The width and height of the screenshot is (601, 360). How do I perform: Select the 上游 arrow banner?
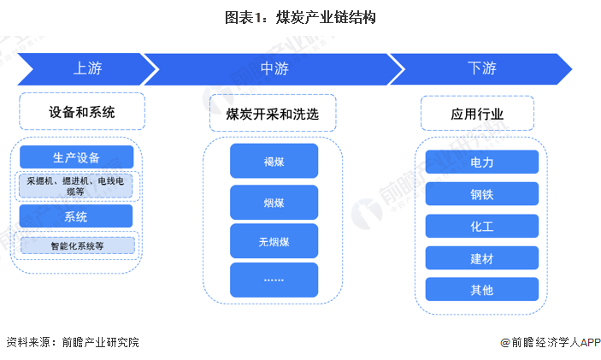point(81,68)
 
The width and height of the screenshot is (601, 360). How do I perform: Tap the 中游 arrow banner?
point(273,68)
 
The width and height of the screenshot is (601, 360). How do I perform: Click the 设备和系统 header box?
point(81,112)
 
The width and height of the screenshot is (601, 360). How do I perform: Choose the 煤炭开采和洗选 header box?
point(273,113)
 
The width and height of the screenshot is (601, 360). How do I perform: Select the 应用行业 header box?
point(477,113)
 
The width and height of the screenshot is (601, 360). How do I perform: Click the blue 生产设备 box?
point(76,157)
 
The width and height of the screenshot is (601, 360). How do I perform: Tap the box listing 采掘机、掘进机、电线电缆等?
point(76,186)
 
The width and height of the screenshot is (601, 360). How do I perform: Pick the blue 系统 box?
point(76,215)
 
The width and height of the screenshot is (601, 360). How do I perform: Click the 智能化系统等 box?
point(76,245)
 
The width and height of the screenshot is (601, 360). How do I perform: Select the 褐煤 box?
point(274,161)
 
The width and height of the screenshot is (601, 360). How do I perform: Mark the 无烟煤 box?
point(274,240)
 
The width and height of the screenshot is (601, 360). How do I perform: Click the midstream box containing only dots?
point(274,280)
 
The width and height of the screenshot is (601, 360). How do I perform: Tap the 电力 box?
point(481,162)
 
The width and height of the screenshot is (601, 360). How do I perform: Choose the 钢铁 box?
point(481,194)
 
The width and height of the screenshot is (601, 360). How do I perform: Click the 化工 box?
point(481,226)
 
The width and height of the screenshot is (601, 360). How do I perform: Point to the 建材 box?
point(481,257)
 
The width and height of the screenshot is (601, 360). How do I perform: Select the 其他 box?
point(481,289)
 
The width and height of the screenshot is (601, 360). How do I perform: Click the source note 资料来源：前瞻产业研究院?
point(73,342)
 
